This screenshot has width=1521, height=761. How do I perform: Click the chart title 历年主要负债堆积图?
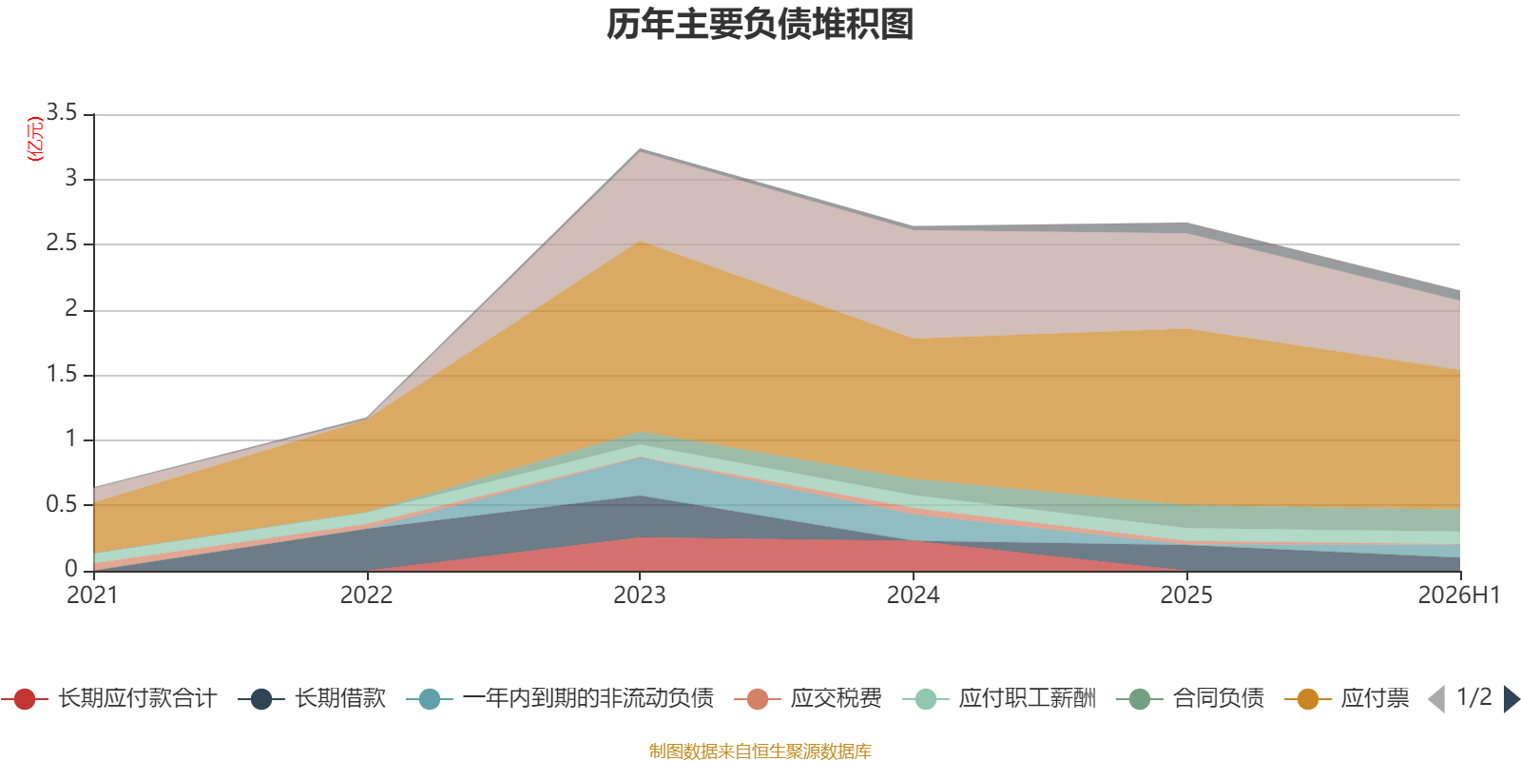click(x=760, y=25)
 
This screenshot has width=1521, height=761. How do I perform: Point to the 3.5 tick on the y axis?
click(x=62, y=112)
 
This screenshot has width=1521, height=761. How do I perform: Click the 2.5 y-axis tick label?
click(x=62, y=244)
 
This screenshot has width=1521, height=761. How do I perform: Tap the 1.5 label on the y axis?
click(x=62, y=374)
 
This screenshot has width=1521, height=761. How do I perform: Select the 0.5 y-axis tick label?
click(x=62, y=504)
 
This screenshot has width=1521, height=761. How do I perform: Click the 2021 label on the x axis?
click(x=92, y=595)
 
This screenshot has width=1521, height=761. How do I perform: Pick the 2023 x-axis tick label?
click(x=640, y=595)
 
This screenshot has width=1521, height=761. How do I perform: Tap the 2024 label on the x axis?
click(x=914, y=595)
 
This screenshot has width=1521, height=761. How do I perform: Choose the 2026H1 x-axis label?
click(x=1459, y=595)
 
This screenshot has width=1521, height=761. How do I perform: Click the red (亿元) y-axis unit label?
click(x=34, y=139)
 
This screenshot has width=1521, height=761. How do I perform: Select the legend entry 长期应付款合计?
click(x=108, y=698)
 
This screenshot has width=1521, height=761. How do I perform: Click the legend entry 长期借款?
click(x=312, y=698)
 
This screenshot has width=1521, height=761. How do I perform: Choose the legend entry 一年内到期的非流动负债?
click(x=560, y=698)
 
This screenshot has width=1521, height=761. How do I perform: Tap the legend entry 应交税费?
click(x=808, y=698)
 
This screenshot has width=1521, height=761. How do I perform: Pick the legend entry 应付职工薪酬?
click(x=999, y=698)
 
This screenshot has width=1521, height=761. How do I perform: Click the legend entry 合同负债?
click(x=1190, y=698)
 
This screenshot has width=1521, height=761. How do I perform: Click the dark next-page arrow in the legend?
click(x=1511, y=699)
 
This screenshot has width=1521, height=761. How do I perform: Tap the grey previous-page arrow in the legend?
click(x=1436, y=699)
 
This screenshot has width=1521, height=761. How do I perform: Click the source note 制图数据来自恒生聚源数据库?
click(x=760, y=751)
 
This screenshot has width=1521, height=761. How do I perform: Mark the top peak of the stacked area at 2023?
click(x=640, y=148)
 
